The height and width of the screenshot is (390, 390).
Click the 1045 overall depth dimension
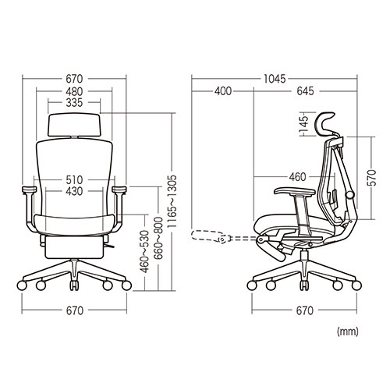click(275, 79)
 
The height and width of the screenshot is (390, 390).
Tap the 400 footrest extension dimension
click(223, 91)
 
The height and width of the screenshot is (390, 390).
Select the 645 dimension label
click(305, 91)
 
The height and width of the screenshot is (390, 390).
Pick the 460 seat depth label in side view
click(297, 177)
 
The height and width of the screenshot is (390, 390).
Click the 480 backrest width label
click(74, 91)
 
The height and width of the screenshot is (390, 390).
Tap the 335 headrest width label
click(74, 103)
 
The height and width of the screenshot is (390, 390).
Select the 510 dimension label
click(74, 179)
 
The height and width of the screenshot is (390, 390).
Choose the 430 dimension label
click(74, 191)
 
